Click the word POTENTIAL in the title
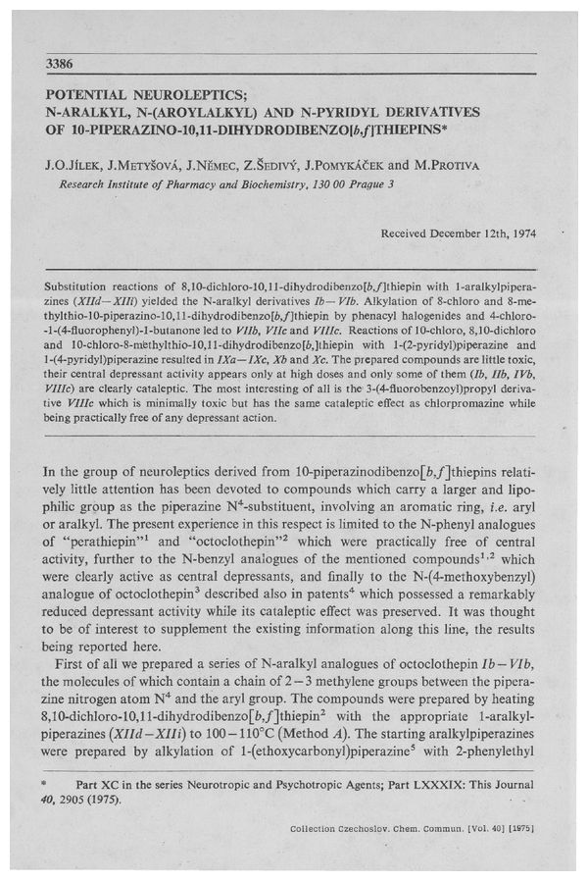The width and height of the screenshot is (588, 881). click(x=92, y=97)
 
